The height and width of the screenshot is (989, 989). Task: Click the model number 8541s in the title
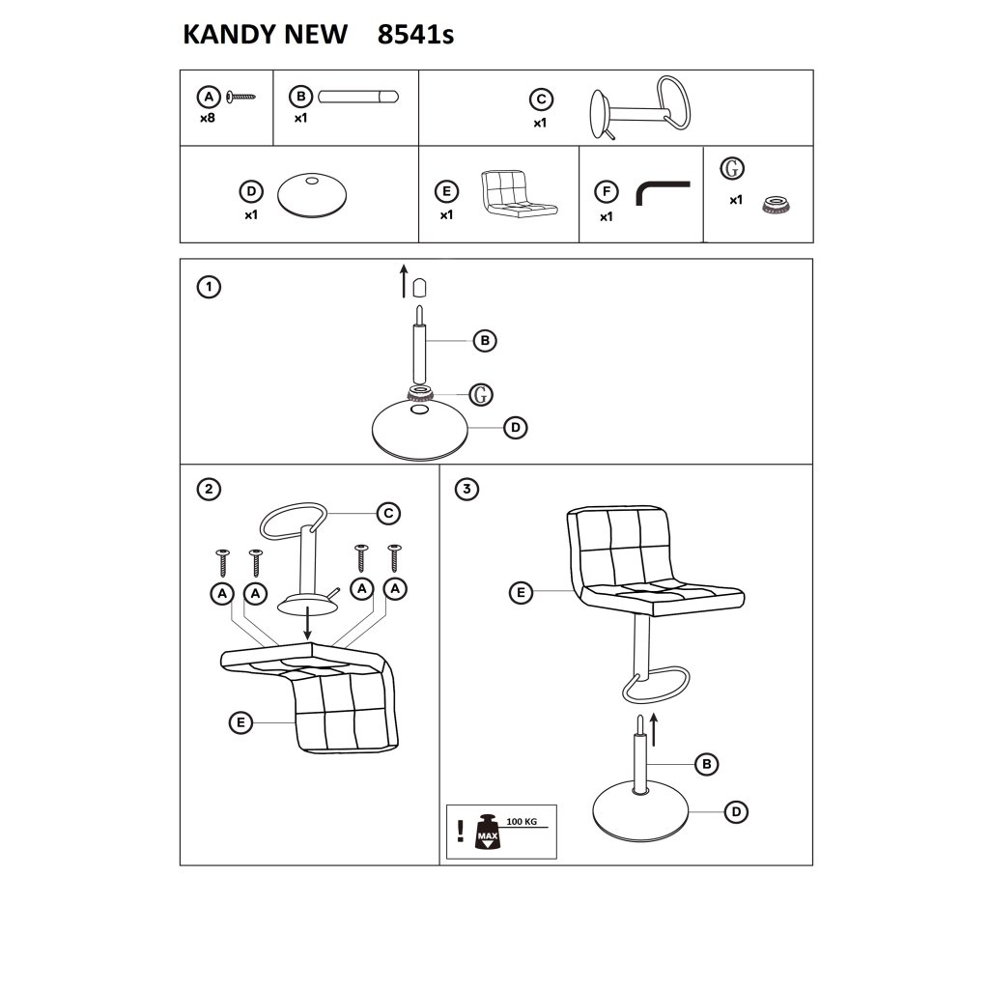click(x=415, y=35)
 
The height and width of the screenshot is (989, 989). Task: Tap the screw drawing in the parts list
click(x=240, y=98)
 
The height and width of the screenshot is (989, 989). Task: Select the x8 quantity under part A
click(x=208, y=118)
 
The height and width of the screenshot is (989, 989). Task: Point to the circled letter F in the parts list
click(x=607, y=192)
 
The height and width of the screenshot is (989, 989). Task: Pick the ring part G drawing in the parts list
click(x=777, y=205)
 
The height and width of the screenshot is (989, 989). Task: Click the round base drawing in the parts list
click(x=312, y=195)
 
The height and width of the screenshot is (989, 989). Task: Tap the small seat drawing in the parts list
click(x=519, y=193)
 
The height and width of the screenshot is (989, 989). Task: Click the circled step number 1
click(x=209, y=287)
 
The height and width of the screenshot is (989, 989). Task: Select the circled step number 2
click(x=209, y=489)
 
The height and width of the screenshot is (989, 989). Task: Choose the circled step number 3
click(x=466, y=489)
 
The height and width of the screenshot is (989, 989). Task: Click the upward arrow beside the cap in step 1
click(x=404, y=281)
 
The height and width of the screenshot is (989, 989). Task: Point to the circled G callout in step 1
click(x=481, y=395)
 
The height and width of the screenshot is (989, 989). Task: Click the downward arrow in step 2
click(x=307, y=623)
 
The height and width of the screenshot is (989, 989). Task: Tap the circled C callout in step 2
click(x=388, y=514)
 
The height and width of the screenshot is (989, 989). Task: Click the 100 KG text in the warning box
click(x=522, y=822)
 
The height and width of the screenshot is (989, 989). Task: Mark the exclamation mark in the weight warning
click(x=461, y=832)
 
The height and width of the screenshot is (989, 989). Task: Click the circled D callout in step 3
click(x=736, y=811)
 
